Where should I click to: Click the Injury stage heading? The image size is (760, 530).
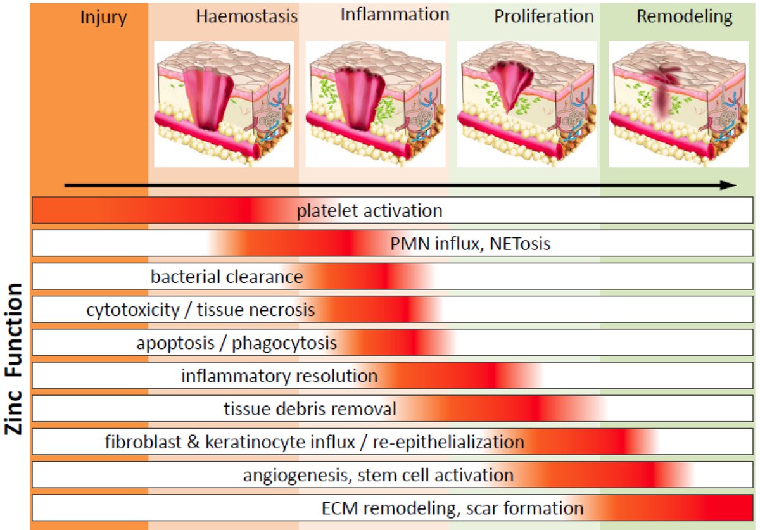[104, 17]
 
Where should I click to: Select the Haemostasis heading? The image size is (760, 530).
[246, 16]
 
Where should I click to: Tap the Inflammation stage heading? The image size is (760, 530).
[395, 15]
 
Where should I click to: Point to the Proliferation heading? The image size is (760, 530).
[544, 16]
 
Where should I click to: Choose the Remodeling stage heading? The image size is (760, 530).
[685, 16]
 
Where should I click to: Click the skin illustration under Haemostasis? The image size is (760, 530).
[224, 104]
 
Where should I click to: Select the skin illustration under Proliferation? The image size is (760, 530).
[527, 104]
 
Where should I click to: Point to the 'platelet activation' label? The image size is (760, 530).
[369, 211]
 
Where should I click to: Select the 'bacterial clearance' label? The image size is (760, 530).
[227, 277]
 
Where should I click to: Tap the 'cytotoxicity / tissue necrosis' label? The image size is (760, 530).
[201, 310]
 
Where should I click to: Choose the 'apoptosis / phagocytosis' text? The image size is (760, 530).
[236, 343]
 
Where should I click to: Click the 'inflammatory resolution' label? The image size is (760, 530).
[279, 376]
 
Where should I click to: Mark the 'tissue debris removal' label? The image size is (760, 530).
[310, 409]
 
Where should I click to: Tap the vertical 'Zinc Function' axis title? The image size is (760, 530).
[15, 358]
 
